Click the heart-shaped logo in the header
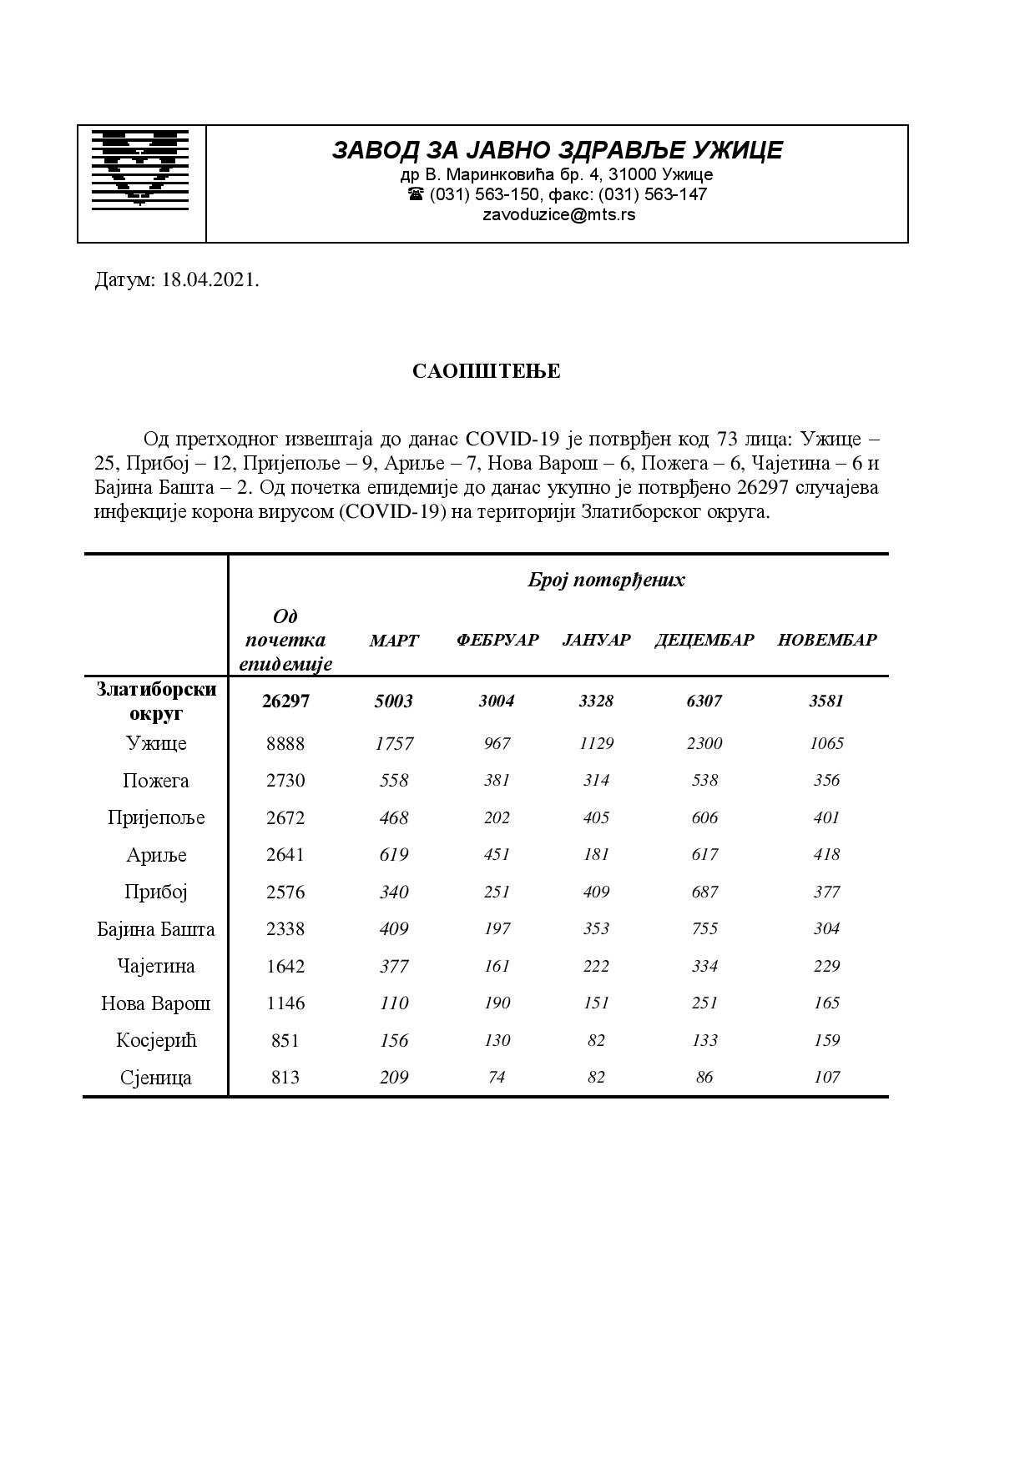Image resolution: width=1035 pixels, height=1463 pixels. pyautogui.click(x=140, y=168)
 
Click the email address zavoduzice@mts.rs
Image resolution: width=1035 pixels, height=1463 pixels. pyautogui.click(x=558, y=214)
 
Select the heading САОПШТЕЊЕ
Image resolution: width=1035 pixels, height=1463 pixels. pyautogui.click(x=486, y=371)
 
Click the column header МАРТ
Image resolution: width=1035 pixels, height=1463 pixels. pyautogui.click(x=394, y=641)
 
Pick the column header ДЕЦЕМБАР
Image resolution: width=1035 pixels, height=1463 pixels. pyautogui.click(x=704, y=641)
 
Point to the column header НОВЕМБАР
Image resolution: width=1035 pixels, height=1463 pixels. pyautogui.click(x=826, y=641)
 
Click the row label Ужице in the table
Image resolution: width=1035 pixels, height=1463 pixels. pyautogui.click(x=156, y=743)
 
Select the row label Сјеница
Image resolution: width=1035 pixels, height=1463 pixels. pyautogui.click(x=156, y=1078)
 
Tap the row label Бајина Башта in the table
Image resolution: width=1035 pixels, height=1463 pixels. pyautogui.click(x=156, y=929)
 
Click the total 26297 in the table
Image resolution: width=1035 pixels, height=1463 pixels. pyautogui.click(x=285, y=701)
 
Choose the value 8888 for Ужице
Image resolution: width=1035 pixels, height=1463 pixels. pyautogui.click(x=285, y=743)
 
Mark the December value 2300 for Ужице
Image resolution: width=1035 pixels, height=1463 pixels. pyautogui.click(x=704, y=743)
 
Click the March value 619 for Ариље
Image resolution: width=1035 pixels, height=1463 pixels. pyautogui.click(x=394, y=855)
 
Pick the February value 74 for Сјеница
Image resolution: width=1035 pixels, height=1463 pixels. pyautogui.click(x=497, y=1078)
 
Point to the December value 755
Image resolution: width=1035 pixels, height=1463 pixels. pyautogui.click(x=704, y=929)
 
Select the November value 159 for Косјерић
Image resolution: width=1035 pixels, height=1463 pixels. pyautogui.click(x=826, y=1040)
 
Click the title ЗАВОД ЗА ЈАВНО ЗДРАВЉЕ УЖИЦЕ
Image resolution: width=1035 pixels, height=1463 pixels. pyautogui.click(x=558, y=150)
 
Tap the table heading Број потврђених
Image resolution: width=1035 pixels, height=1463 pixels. pyautogui.click(x=606, y=581)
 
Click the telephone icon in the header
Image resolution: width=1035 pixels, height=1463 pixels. pyautogui.click(x=416, y=194)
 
